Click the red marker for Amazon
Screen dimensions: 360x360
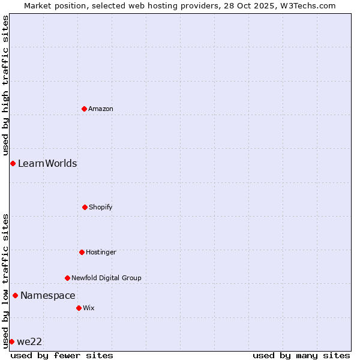[x=84, y=109]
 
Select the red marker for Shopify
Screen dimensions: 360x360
[x=85, y=207]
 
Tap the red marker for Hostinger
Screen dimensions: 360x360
[x=82, y=252]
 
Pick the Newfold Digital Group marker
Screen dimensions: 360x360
[x=67, y=278]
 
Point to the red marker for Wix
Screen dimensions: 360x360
[x=79, y=308]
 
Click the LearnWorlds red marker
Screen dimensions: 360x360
[x=13, y=163]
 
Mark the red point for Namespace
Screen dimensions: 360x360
[x=15, y=295]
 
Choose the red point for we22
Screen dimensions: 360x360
[x=11, y=341]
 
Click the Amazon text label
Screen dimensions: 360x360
[x=101, y=109]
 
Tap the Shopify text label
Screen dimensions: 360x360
[x=101, y=207]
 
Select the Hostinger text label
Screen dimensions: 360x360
[x=101, y=252]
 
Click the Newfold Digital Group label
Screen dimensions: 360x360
[x=106, y=278]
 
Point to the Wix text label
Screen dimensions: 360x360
[x=89, y=308]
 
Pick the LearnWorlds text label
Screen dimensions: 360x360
[x=47, y=163]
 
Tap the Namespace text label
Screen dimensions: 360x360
[x=48, y=295]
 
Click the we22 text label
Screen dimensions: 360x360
[x=29, y=341]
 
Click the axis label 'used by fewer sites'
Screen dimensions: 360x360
[x=62, y=355]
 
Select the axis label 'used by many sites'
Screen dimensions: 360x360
[x=301, y=355]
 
